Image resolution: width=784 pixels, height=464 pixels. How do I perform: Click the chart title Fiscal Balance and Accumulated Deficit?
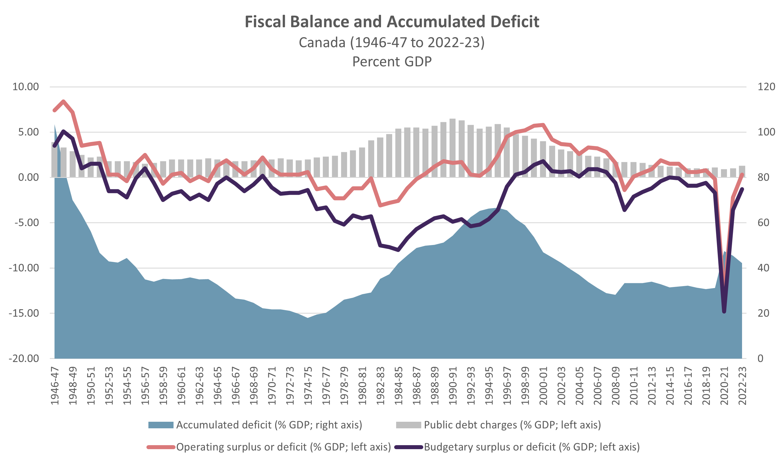tap(392, 22)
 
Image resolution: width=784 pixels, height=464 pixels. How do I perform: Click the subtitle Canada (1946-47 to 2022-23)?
tap(392, 43)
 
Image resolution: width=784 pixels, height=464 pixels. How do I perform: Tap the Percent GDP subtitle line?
tap(392, 62)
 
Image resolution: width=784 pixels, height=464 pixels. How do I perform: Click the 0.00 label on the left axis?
tap(29, 178)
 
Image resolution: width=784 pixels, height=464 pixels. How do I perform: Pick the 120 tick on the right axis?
tap(766, 87)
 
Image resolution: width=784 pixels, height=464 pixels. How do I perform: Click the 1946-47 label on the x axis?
tap(55, 386)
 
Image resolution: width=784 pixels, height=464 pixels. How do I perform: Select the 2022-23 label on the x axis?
tap(742, 386)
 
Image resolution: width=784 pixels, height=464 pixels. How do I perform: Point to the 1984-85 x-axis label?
tap(398, 386)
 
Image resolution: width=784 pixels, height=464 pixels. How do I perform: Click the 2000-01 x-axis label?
tap(543, 386)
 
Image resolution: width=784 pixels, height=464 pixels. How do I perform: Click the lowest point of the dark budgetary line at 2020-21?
tap(724, 312)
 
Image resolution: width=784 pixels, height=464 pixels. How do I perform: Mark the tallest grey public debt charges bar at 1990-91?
tap(452, 147)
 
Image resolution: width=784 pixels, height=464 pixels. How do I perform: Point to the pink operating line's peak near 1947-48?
tap(63, 102)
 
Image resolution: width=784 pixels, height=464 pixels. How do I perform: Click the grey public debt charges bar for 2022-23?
tap(742, 171)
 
